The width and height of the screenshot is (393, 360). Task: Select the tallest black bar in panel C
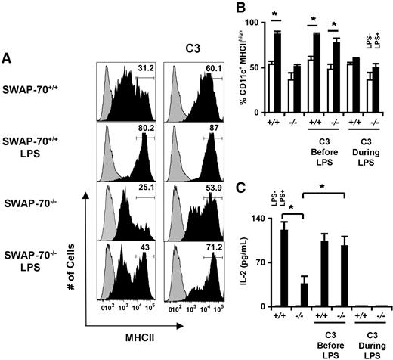pos(284,268)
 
